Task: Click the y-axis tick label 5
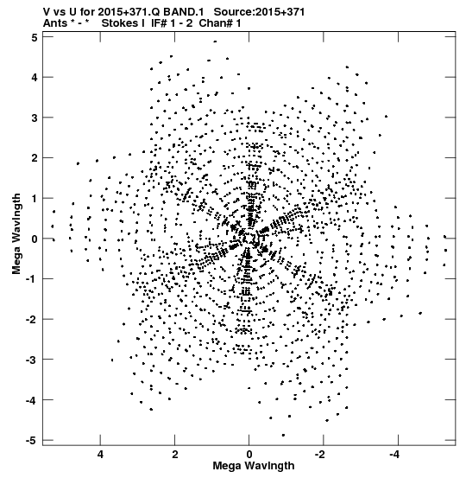[x=35, y=38]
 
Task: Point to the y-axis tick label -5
[x=32, y=441]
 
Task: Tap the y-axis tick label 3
[x=35, y=118]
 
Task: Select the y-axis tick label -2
[x=32, y=320]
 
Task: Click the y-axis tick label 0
[x=35, y=239]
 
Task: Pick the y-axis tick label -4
[x=32, y=400]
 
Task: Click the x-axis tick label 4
[x=100, y=455]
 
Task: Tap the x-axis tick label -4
[x=394, y=455]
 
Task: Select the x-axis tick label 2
[x=174, y=455]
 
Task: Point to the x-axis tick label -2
[x=320, y=455]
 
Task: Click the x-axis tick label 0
[x=249, y=455]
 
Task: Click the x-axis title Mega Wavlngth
[x=254, y=466]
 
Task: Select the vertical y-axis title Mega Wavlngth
[x=16, y=234]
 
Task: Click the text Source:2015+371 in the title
[x=259, y=12]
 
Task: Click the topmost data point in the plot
[x=215, y=41]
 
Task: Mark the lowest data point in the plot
[x=283, y=436]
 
